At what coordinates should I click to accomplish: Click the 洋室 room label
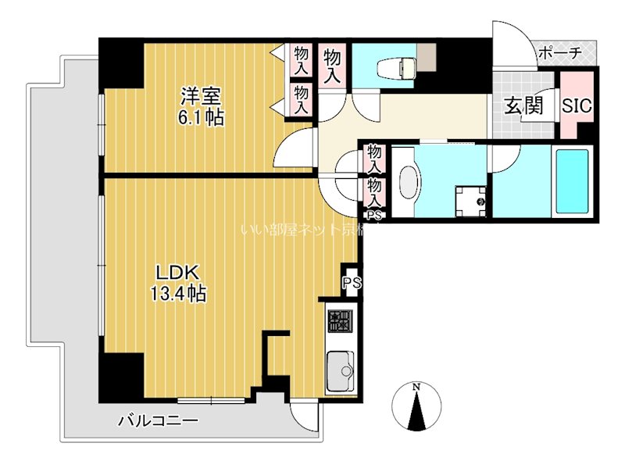202,97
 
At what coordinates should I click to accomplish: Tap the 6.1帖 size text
202,118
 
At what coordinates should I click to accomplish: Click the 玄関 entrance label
523,106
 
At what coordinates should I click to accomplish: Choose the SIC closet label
577,105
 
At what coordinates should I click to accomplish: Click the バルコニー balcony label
159,421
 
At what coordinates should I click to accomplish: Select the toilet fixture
391,68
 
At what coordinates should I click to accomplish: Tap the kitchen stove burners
340,321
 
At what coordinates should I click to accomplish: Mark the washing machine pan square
471,201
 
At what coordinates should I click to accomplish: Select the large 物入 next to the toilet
332,66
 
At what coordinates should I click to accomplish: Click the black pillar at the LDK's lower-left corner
122,376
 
